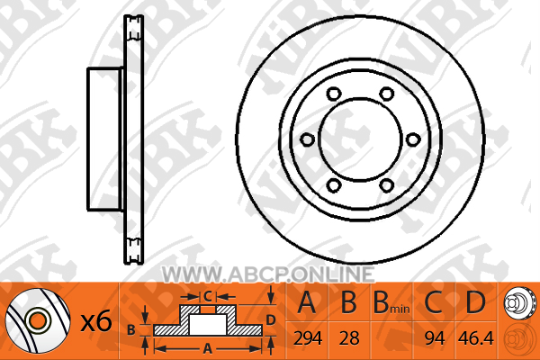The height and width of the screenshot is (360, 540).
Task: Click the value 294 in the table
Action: (x=308, y=338)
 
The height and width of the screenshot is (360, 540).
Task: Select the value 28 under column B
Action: (x=349, y=338)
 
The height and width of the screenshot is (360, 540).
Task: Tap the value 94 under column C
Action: (x=435, y=338)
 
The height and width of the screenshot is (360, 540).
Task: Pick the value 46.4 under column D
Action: (x=475, y=338)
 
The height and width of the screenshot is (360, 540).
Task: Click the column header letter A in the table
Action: (x=307, y=302)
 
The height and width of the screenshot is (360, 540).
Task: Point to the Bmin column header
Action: (x=391, y=302)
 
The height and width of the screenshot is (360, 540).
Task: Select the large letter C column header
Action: (x=433, y=302)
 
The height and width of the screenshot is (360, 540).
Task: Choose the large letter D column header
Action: (x=475, y=302)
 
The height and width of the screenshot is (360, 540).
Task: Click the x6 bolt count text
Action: (x=96, y=321)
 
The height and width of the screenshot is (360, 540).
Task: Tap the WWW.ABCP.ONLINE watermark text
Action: (x=268, y=274)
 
